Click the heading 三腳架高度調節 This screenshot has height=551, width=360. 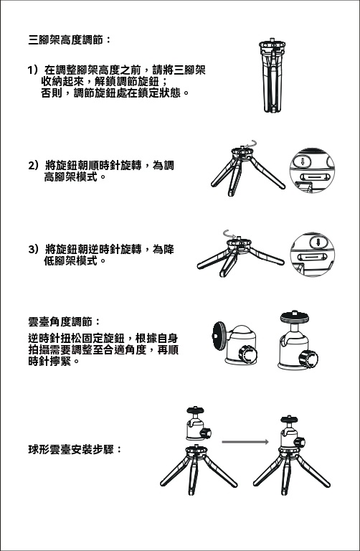[x=70, y=40]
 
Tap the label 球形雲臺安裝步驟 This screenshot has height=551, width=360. [x=75, y=449]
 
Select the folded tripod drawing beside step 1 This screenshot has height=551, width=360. [x=273, y=75]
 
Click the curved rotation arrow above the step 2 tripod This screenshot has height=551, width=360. [x=251, y=143]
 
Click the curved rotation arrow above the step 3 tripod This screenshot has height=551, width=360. [x=229, y=233]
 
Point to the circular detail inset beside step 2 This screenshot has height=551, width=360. [x=312, y=171]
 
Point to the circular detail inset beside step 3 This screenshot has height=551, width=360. [x=312, y=255]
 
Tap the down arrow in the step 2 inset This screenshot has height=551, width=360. [x=303, y=162]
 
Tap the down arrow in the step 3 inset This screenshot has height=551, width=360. [x=318, y=242]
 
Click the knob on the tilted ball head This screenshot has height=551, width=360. [x=248, y=354]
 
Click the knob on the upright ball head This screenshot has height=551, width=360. [x=308, y=359]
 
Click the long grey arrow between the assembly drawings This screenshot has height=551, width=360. [x=245, y=442]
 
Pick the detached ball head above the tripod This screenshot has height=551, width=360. [x=199, y=423]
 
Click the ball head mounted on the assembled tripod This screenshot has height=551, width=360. [x=292, y=432]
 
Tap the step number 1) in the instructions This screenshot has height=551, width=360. [x=33, y=70]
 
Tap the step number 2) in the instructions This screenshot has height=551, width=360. [x=33, y=165]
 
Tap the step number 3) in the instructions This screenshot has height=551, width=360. [x=33, y=250]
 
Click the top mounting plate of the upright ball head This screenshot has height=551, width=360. [x=295, y=317]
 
